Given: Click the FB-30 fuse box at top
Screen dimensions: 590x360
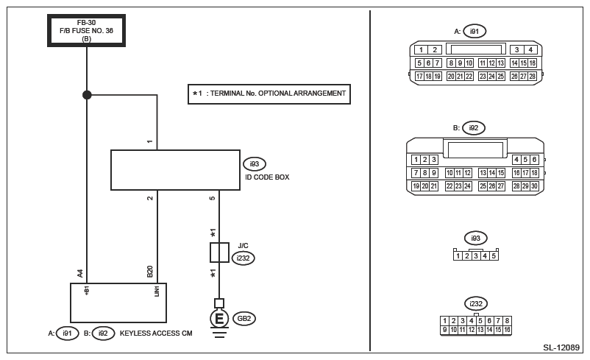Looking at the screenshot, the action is click(86, 30).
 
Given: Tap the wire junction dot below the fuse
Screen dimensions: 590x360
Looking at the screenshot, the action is click(87, 95).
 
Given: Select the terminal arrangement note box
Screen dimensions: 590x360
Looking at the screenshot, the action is click(269, 93).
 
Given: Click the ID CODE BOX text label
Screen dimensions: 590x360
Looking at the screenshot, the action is click(267, 177).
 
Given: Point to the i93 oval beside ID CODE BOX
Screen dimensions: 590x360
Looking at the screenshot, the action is click(255, 164).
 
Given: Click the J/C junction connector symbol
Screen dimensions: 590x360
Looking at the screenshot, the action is click(219, 253).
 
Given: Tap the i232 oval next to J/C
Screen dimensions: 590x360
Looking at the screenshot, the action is click(243, 258).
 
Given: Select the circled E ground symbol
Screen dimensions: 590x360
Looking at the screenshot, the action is click(219, 319).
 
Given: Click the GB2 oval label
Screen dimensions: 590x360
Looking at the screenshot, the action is click(244, 319).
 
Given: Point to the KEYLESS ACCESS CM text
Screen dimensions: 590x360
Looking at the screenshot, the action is click(156, 333).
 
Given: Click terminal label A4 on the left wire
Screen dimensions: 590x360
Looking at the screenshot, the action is click(80, 273).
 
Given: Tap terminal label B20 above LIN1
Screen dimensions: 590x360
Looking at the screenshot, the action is click(150, 272).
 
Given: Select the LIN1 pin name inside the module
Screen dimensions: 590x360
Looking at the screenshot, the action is click(157, 291).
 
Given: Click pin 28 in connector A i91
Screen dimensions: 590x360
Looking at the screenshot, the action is click(533, 76).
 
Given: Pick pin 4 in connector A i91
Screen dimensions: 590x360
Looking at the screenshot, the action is click(530, 50).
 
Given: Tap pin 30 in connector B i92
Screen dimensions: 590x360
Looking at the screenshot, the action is click(534, 186).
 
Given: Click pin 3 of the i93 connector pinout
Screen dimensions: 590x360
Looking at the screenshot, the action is click(476, 256).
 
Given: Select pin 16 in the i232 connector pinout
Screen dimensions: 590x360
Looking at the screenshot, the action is click(507, 330).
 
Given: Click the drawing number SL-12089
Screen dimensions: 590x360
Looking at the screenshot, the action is click(561, 347).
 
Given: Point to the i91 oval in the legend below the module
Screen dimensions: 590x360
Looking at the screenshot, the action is click(67, 333).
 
